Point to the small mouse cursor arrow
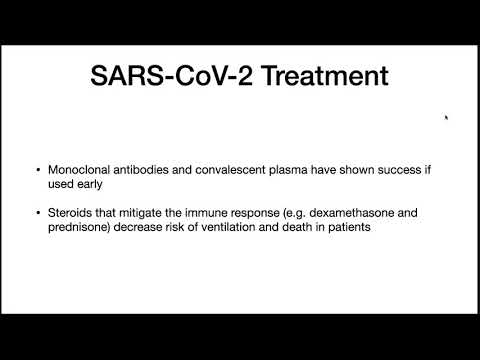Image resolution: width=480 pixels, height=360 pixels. [x=446, y=117]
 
